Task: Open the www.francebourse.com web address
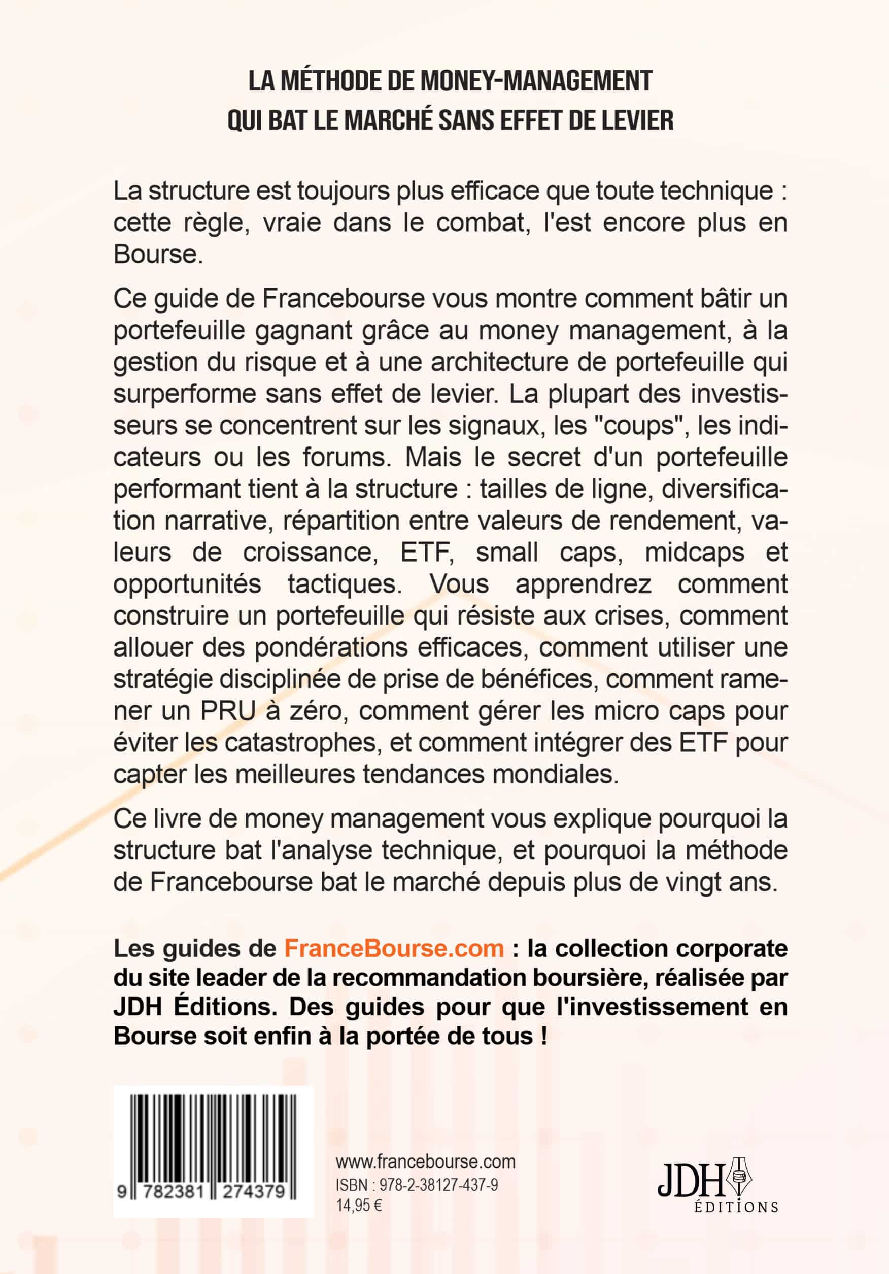click(x=426, y=1162)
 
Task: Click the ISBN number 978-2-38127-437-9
click(x=438, y=1185)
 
